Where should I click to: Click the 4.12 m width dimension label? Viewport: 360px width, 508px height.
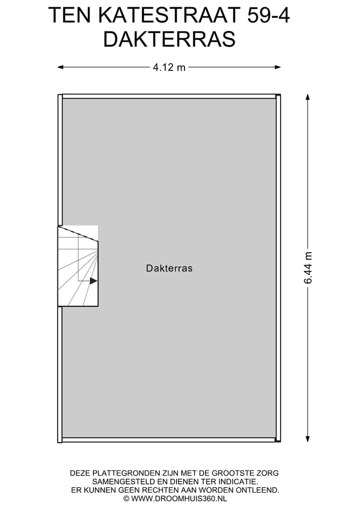pyautogui.click(x=169, y=67)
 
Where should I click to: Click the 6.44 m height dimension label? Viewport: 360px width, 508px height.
pyautogui.click(x=308, y=268)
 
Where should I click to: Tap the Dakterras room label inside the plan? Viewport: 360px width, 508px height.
pyautogui.click(x=169, y=268)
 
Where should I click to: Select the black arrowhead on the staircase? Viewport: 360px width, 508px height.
pyautogui.click(x=93, y=281)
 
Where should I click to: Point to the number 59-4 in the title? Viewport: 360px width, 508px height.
pyautogui.click(x=268, y=15)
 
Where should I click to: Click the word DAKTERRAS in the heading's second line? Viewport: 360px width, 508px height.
pyautogui.click(x=169, y=39)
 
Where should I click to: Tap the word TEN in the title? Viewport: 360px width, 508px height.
pyautogui.click(x=69, y=15)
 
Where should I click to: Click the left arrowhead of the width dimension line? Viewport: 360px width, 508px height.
pyautogui.click(x=60, y=67)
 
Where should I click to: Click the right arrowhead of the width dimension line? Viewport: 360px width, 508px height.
pyautogui.click(x=277, y=67)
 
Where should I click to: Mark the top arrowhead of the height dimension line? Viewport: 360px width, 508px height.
pyautogui.click(x=308, y=97)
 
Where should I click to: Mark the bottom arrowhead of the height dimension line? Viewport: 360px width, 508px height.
pyautogui.click(x=308, y=439)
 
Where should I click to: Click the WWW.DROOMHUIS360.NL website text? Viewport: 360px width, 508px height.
pyautogui.click(x=178, y=499)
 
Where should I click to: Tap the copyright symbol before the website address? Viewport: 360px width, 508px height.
pyautogui.click(x=126, y=499)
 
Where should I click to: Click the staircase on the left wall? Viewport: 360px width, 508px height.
pyautogui.click(x=78, y=266)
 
